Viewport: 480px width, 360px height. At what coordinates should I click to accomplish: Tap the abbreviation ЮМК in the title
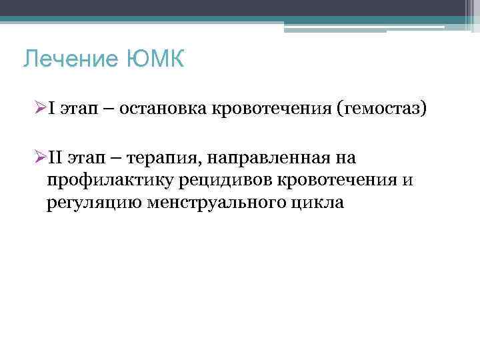click(x=153, y=61)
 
